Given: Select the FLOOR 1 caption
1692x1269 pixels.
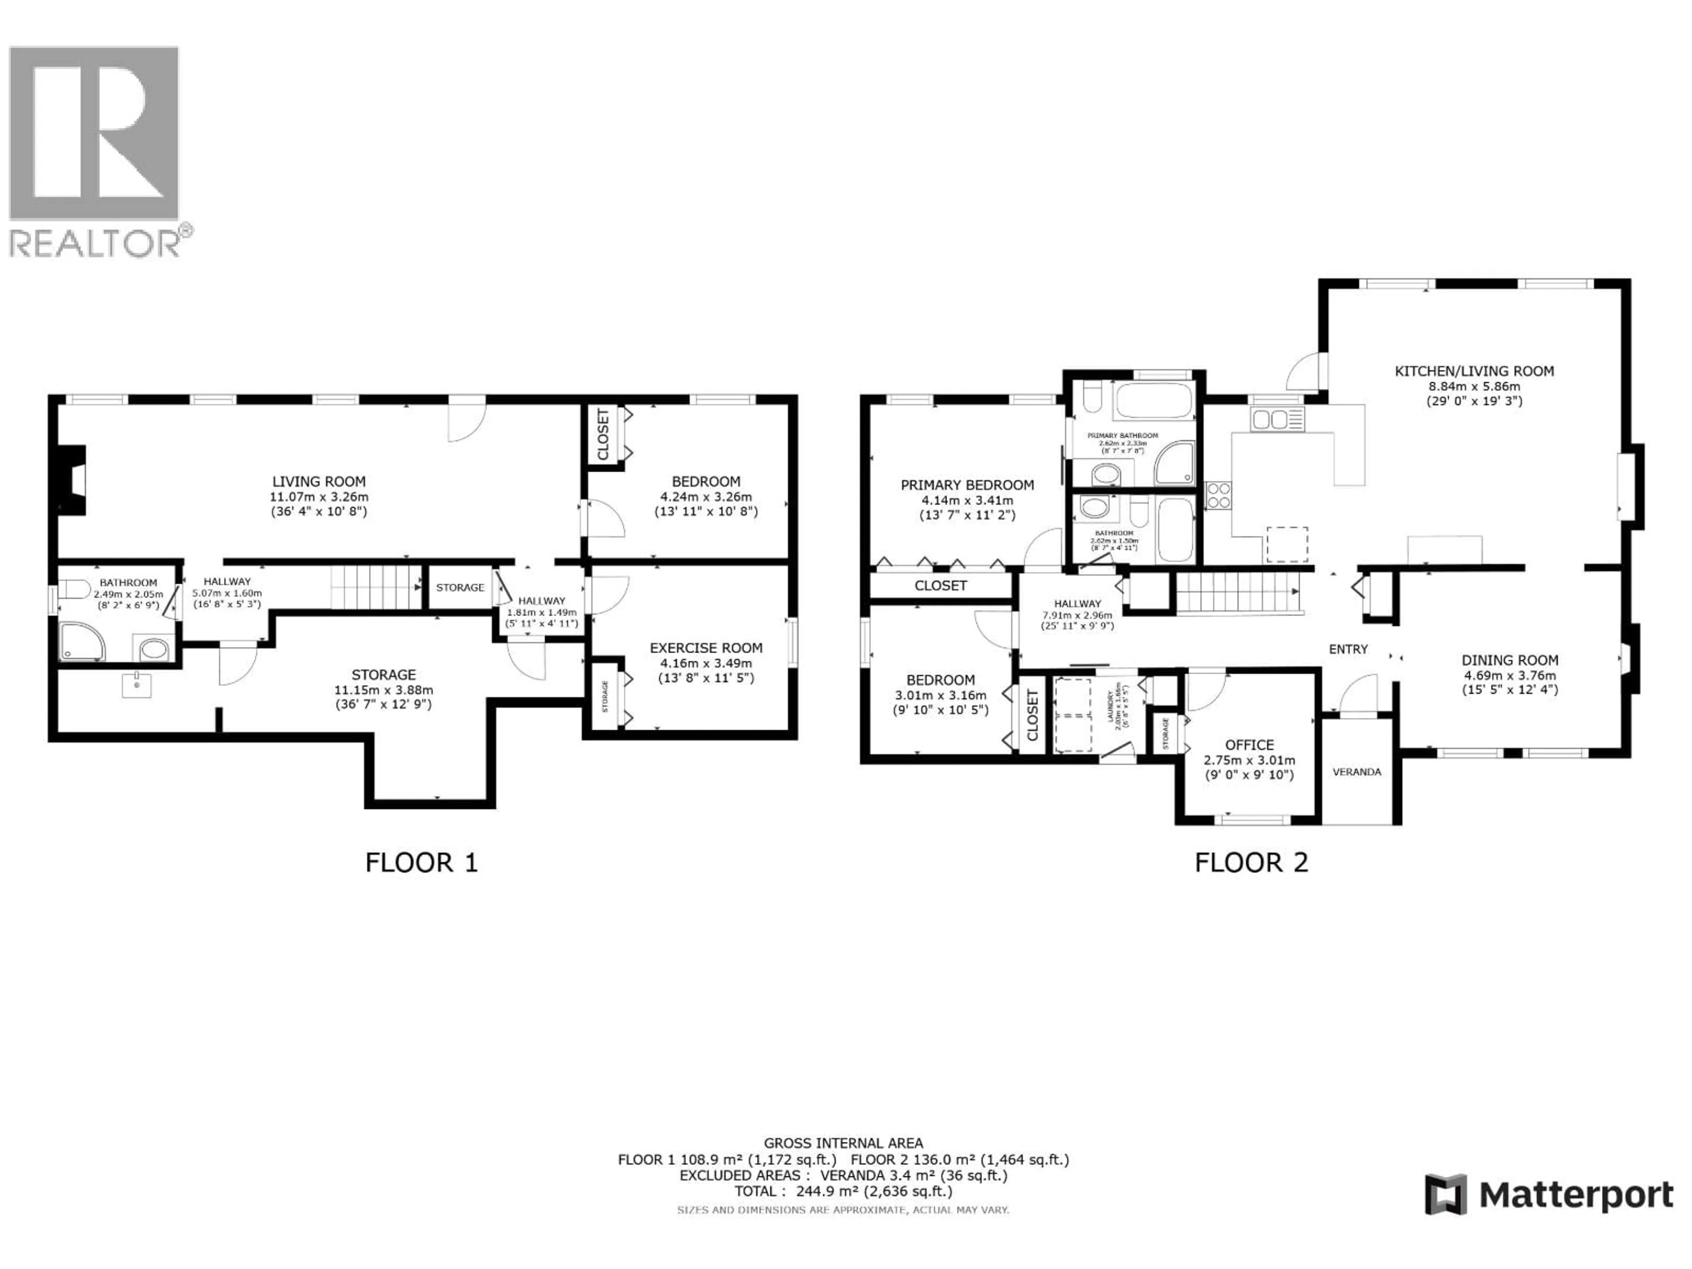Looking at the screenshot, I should coord(422,863).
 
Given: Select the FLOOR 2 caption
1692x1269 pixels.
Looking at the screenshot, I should coord(1251,863).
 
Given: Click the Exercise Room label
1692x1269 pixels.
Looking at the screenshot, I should coord(705,648).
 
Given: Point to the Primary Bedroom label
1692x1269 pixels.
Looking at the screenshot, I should coord(967,485).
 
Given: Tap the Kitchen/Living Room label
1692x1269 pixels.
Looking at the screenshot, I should coord(1474,371).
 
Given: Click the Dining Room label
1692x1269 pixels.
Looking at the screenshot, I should coord(1509,660).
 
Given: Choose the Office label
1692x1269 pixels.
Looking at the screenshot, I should coord(1249,745).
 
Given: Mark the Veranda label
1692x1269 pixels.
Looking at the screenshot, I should coord(1356,772).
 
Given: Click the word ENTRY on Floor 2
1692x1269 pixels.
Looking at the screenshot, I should coord(1348,649).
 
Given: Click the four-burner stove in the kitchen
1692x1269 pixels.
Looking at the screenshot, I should coord(1218,496).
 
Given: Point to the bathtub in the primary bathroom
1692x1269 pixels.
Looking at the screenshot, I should coord(1153,400).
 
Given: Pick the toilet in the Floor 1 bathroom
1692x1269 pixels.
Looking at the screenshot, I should coord(74,590).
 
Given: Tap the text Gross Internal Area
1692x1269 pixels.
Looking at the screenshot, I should coord(843,1143).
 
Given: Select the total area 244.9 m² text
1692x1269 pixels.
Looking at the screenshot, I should coord(843,1191).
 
